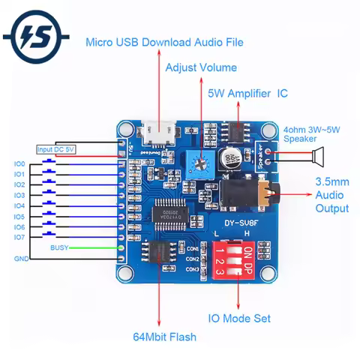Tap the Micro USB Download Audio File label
[x=165, y=42]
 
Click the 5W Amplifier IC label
[x=247, y=94]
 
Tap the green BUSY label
[x=59, y=247]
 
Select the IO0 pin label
[x=19, y=163]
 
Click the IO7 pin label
[x=19, y=237]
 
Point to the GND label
[x=20, y=259]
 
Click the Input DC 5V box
[x=56, y=149]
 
